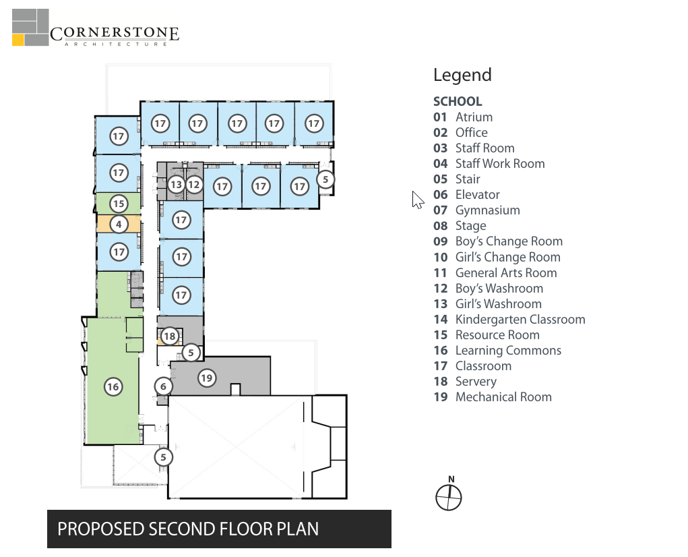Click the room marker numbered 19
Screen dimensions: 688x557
(x=207, y=378)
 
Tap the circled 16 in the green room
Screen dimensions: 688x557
(x=113, y=386)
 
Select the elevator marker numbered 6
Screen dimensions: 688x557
(x=163, y=386)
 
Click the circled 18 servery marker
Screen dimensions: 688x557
(x=169, y=336)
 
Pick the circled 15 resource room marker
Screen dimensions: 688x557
(x=119, y=204)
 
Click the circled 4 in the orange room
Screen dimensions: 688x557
(x=119, y=225)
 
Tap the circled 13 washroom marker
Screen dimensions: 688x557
(x=177, y=185)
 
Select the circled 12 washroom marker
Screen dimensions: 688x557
(x=194, y=185)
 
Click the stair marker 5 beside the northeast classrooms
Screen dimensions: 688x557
(x=325, y=179)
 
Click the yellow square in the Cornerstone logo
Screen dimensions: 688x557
(x=18, y=40)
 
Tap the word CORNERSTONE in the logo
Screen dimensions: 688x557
(x=115, y=33)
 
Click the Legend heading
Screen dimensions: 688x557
(x=462, y=75)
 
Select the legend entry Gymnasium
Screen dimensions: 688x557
(x=487, y=210)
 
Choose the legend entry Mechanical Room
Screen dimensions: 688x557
(x=503, y=397)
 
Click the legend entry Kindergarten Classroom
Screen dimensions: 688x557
(x=520, y=319)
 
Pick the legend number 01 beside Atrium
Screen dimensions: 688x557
(x=440, y=117)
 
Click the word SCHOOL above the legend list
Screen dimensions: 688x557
(x=458, y=101)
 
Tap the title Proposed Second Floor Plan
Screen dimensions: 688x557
(x=188, y=529)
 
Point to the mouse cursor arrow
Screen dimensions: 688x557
(x=418, y=200)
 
